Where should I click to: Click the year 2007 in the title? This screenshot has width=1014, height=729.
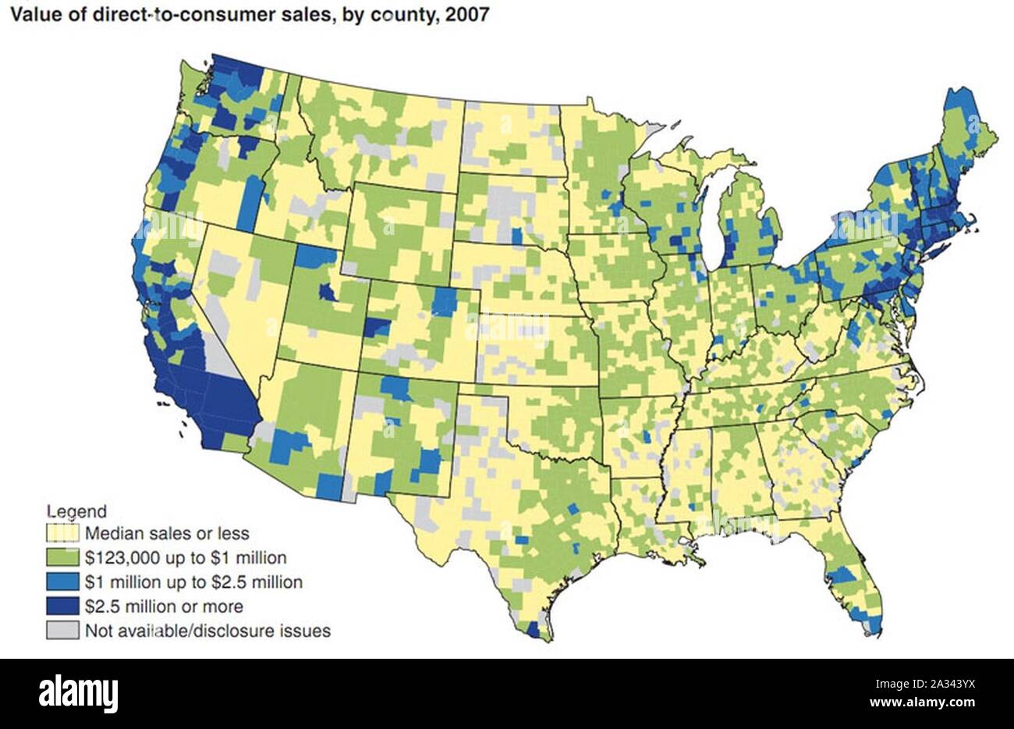467,15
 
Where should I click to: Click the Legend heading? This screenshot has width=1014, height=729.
77,512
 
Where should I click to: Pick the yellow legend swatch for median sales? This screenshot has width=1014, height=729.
62,534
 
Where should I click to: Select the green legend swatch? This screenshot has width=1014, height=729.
62,558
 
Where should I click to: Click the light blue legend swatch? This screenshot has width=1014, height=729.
62,582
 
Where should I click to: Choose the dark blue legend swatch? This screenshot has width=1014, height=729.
62,606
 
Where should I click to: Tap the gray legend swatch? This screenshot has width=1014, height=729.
62,630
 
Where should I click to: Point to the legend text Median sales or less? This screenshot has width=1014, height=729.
167,534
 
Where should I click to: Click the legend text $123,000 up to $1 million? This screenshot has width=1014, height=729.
186,558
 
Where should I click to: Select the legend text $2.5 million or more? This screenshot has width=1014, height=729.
164,606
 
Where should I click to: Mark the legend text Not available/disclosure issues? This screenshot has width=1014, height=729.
207,631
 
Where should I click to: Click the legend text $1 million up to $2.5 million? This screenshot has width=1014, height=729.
193,582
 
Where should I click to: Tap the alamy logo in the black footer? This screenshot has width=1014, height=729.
79,693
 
